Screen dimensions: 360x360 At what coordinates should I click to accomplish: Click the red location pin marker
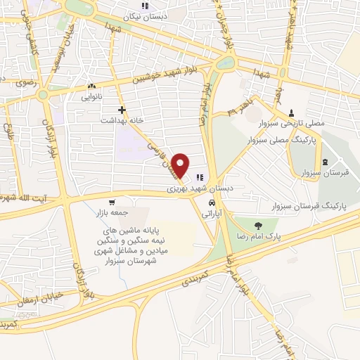pos(182,165)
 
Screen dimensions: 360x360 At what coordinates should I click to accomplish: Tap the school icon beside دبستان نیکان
pos(144,6)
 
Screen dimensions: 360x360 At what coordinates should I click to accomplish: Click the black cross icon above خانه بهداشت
pos(122,110)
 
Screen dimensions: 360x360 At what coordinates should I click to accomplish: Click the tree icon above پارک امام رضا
pos(258,226)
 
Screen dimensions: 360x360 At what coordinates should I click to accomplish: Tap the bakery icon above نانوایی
pos(92,87)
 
